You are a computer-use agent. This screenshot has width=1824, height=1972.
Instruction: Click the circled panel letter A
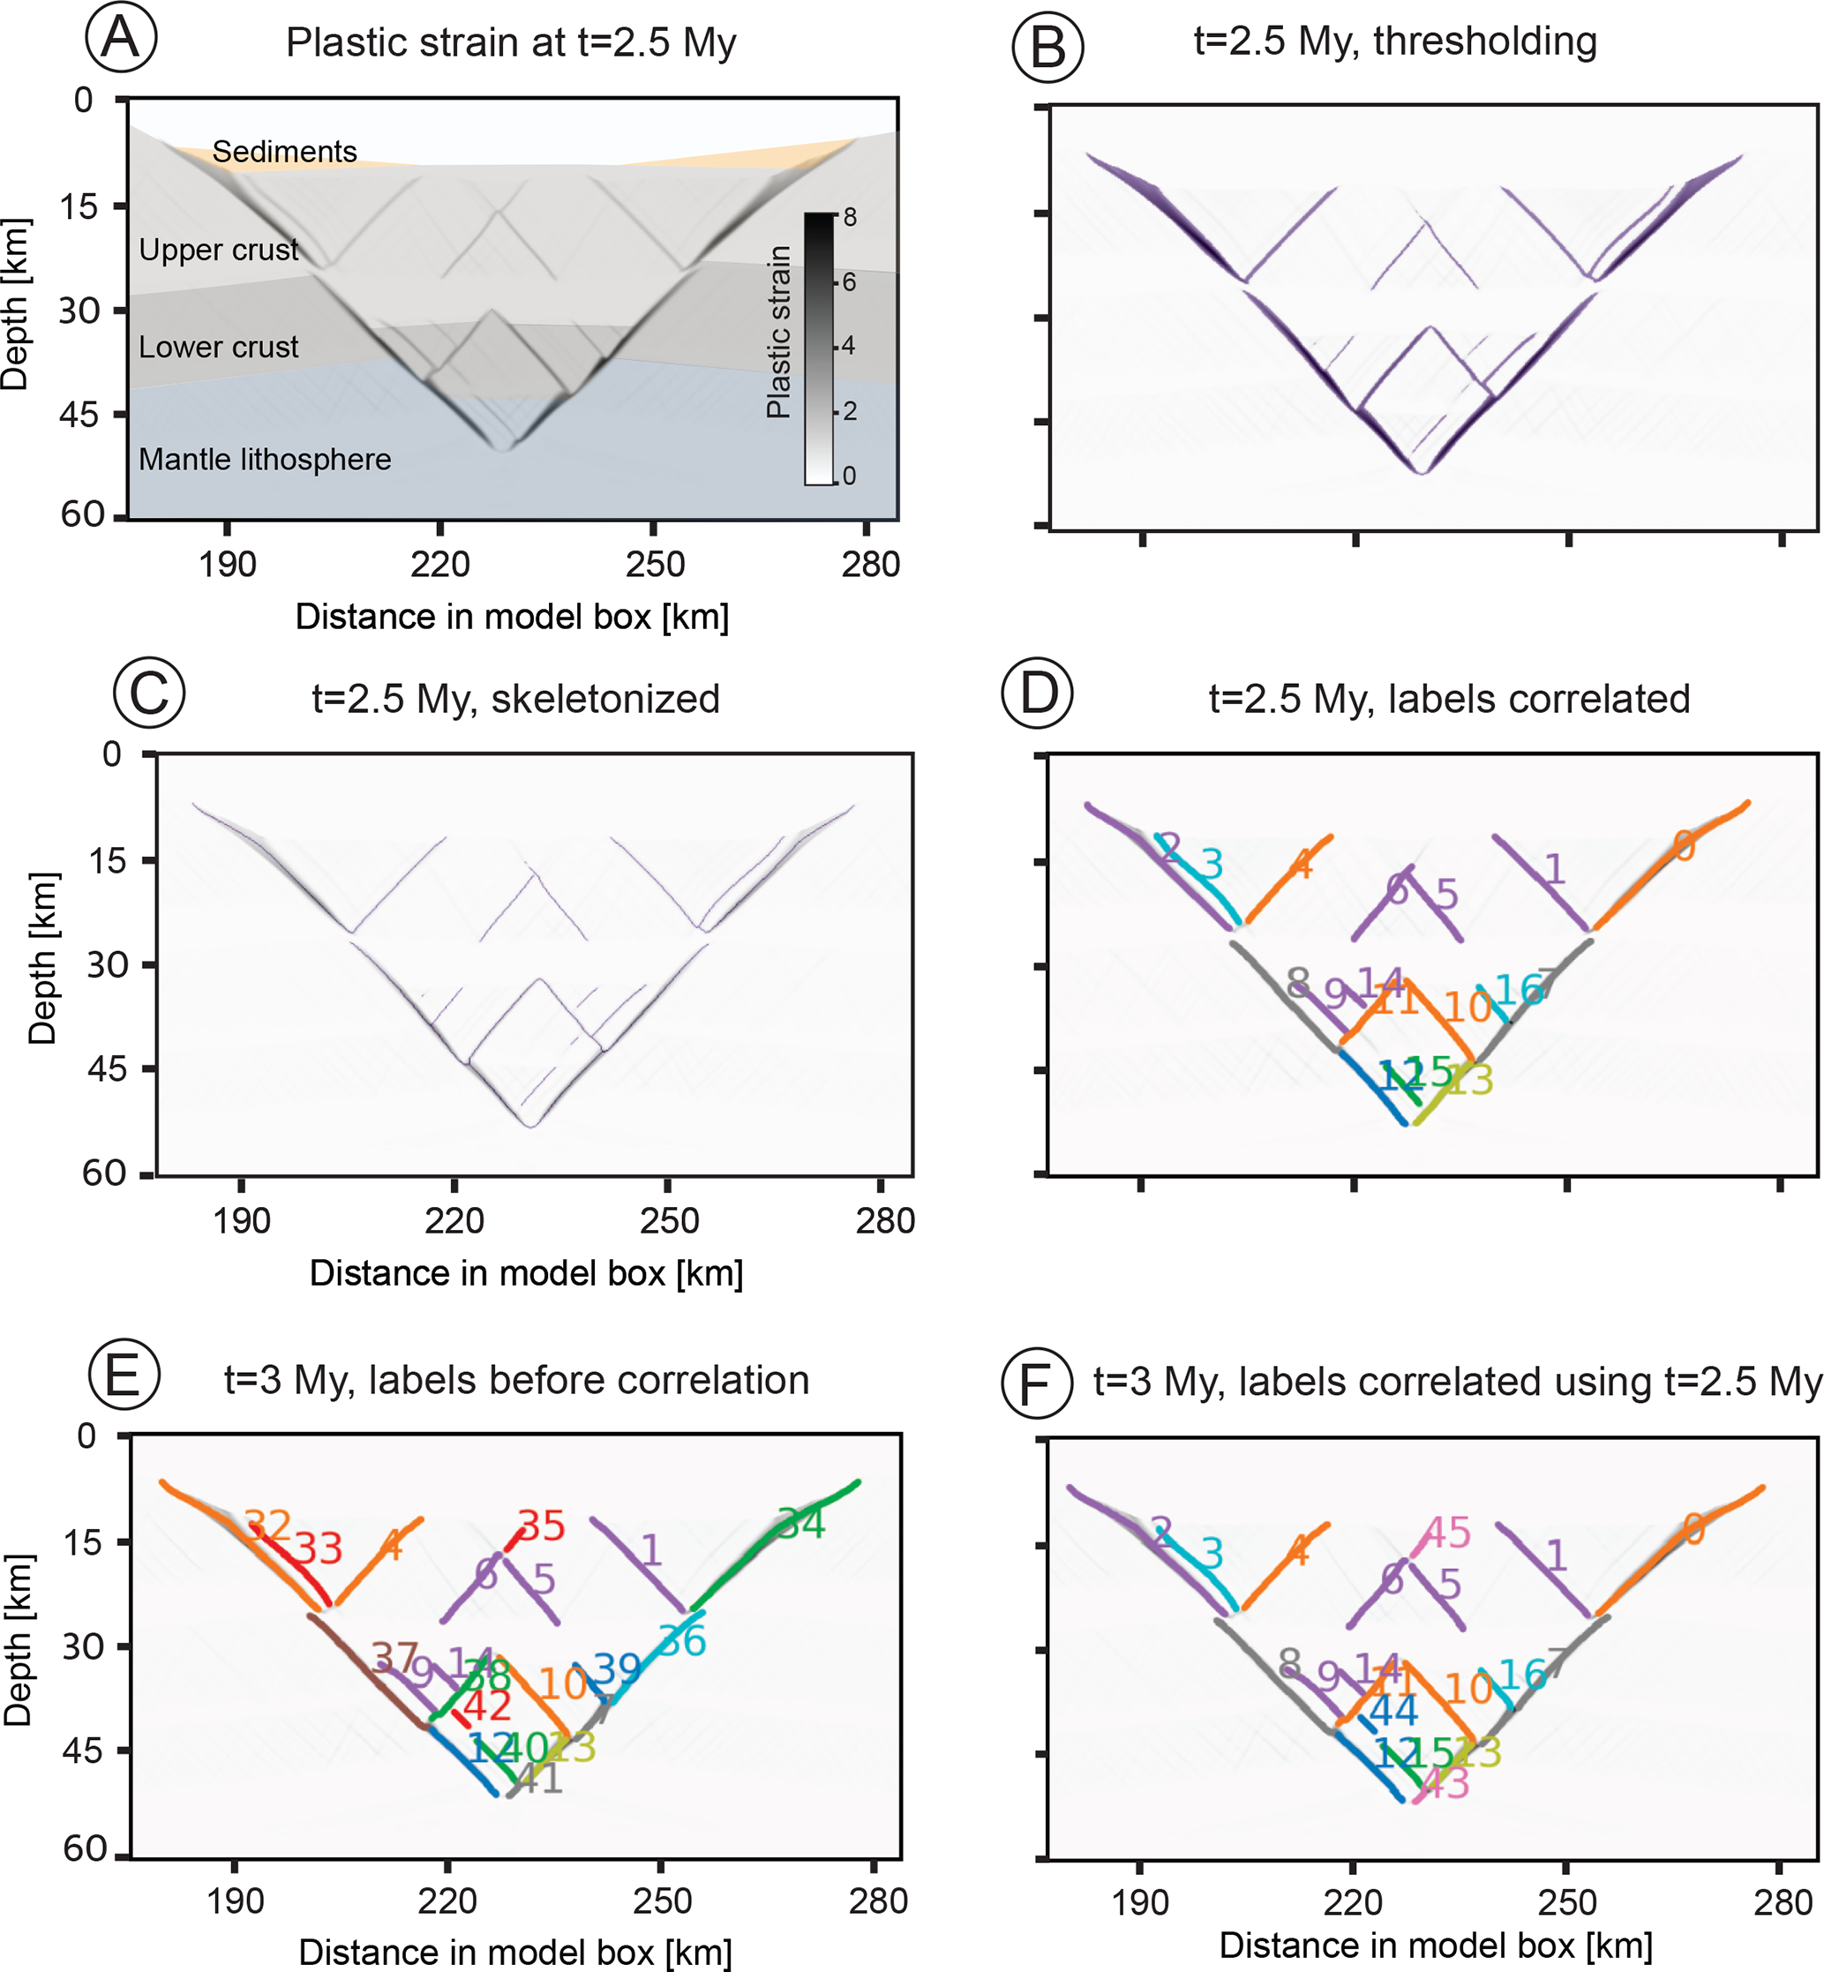(x=120, y=39)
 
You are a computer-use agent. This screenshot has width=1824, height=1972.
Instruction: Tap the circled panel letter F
(x=1036, y=1383)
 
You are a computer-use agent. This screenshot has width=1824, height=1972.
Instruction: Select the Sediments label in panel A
(x=284, y=152)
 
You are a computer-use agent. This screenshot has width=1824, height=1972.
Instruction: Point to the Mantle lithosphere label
(x=265, y=460)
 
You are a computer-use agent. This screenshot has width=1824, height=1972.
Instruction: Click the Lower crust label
(x=218, y=348)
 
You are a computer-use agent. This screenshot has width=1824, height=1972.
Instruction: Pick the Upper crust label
(x=218, y=250)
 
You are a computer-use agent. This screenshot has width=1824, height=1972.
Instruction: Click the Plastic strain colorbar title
(x=779, y=333)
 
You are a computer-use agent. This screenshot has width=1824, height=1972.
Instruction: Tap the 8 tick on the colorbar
(x=850, y=218)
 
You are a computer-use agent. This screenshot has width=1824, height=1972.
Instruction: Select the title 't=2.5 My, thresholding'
(x=1394, y=41)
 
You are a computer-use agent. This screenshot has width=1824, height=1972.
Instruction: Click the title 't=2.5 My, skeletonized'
(x=515, y=699)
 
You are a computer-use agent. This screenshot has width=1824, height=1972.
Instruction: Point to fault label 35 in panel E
(x=541, y=1526)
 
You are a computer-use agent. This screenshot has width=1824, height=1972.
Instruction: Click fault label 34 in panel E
(x=800, y=1524)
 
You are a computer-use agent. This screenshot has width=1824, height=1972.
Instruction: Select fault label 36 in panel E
(x=682, y=1641)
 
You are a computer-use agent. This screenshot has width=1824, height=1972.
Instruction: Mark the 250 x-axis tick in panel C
(x=668, y=1221)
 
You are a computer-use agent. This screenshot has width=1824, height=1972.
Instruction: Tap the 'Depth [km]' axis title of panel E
(x=18, y=1640)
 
